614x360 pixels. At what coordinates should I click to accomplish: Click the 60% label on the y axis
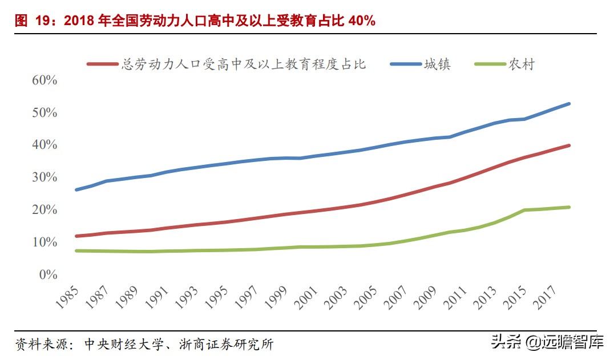pos(45,80)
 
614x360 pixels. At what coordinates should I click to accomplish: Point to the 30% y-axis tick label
pos(45,177)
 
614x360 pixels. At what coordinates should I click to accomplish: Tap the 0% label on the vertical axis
pos(49,274)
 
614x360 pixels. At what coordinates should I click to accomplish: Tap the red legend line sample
pos(103,64)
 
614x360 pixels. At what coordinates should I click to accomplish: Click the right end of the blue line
pos(569,104)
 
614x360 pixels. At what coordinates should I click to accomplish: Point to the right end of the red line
pos(569,145)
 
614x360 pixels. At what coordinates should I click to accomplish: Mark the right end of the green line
pos(569,207)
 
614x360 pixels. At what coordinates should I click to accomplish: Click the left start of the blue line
pos(76,189)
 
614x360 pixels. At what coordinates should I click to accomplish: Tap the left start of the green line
pos(76,250)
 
